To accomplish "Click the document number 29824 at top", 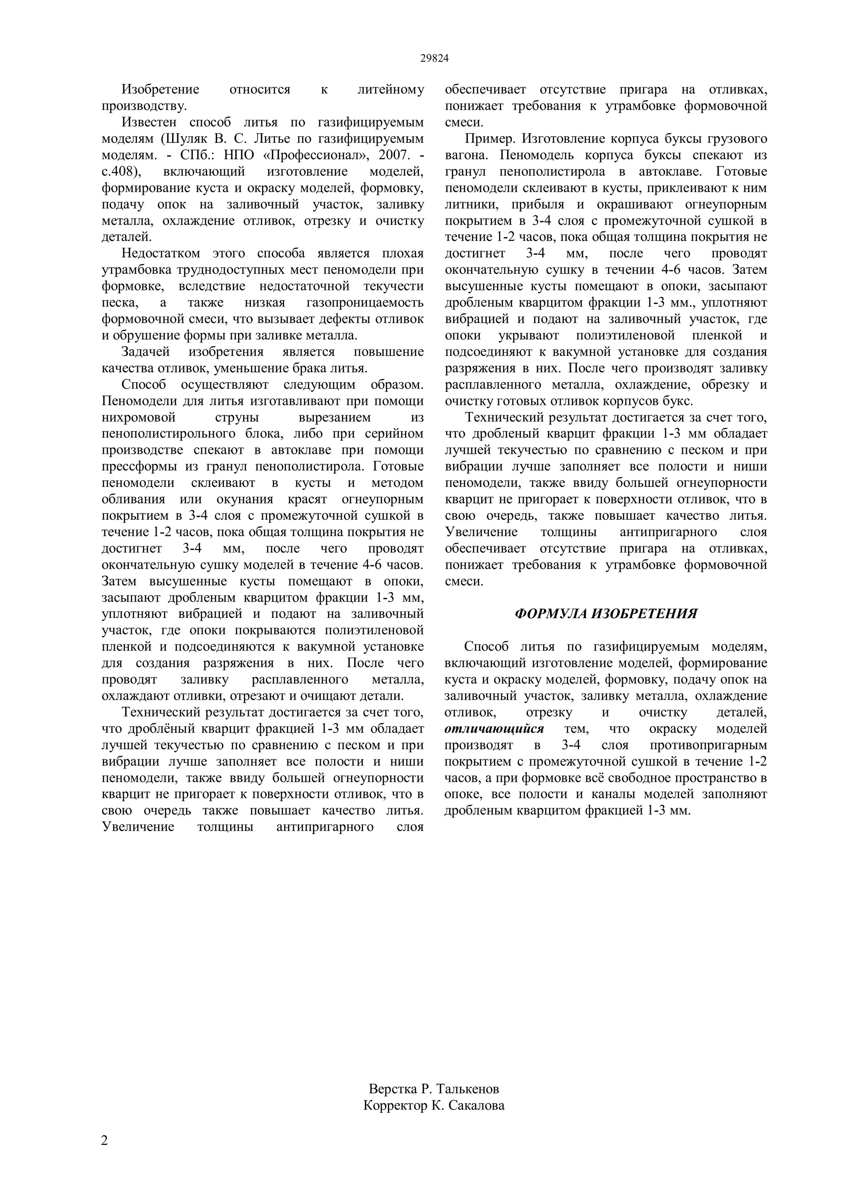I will pos(434,58).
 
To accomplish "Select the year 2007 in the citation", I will pos(393,155).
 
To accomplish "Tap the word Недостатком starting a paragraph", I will pos(160,253).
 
